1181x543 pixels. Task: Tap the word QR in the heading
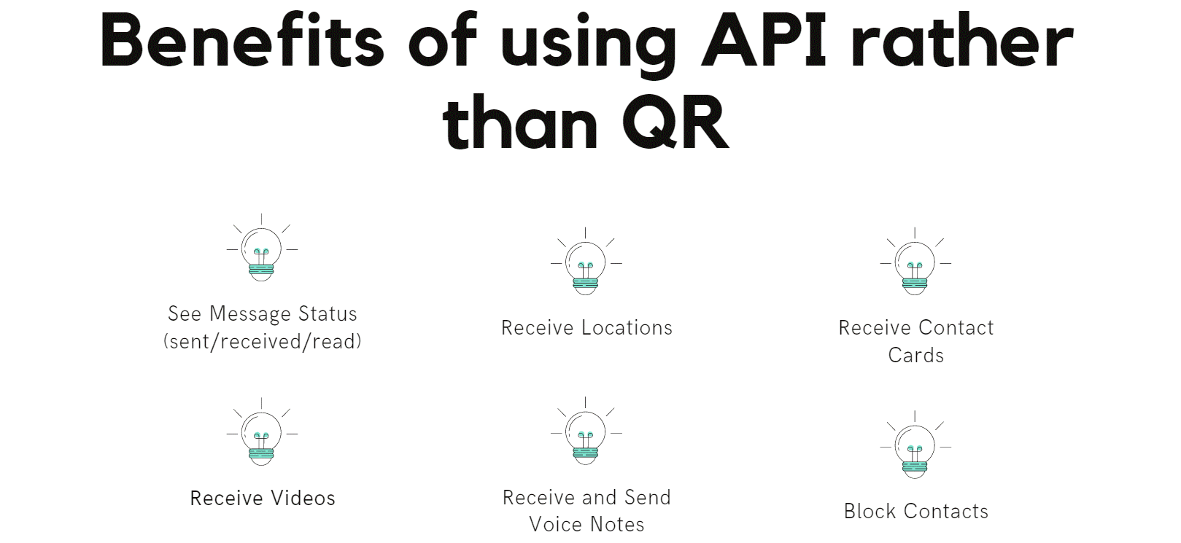pyautogui.click(x=676, y=122)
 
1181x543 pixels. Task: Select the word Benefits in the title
pyautogui.click(x=242, y=40)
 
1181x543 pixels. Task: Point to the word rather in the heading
pyautogui.click(x=963, y=40)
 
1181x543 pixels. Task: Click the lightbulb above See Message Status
pyautogui.click(x=262, y=248)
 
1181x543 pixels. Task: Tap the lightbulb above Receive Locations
pyautogui.click(x=586, y=261)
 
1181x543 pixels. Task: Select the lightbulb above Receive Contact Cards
pyautogui.click(x=915, y=261)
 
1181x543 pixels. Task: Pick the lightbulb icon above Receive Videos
pyautogui.click(x=262, y=432)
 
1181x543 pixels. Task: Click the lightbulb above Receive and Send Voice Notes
pyautogui.click(x=586, y=431)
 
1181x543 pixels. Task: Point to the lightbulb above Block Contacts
pyautogui.click(x=915, y=445)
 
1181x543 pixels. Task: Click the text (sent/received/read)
pyautogui.click(x=263, y=341)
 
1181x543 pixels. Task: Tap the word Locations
pyautogui.click(x=627, y=327)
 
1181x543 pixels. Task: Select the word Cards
pyautogui.click(x=915, y=355)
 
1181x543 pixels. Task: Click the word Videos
pyautogui.click(x=303, y=499)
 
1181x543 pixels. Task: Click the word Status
pyautogui.click(x=328, y=314)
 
